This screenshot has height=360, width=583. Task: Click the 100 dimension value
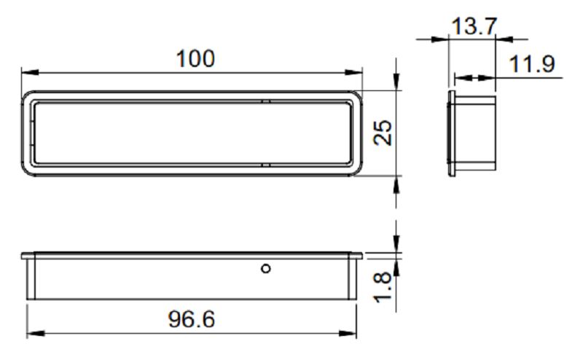tap(195, 59)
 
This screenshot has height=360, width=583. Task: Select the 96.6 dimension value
tap(192, 319)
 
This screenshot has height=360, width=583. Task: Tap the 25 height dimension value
tap(383, 133)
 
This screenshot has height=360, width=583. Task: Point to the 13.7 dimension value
tap(474, 26)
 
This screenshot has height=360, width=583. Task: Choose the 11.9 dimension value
tap(532, 63)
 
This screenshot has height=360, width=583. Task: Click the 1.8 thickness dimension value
tap(383, 287)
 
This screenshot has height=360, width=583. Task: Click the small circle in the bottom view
tap(266, 268)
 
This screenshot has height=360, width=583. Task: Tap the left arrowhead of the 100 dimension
tap(30, 72)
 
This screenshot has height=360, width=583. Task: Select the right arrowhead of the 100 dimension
tap(353, 72)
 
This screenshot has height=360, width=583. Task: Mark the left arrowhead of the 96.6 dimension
tap(36, 333)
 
